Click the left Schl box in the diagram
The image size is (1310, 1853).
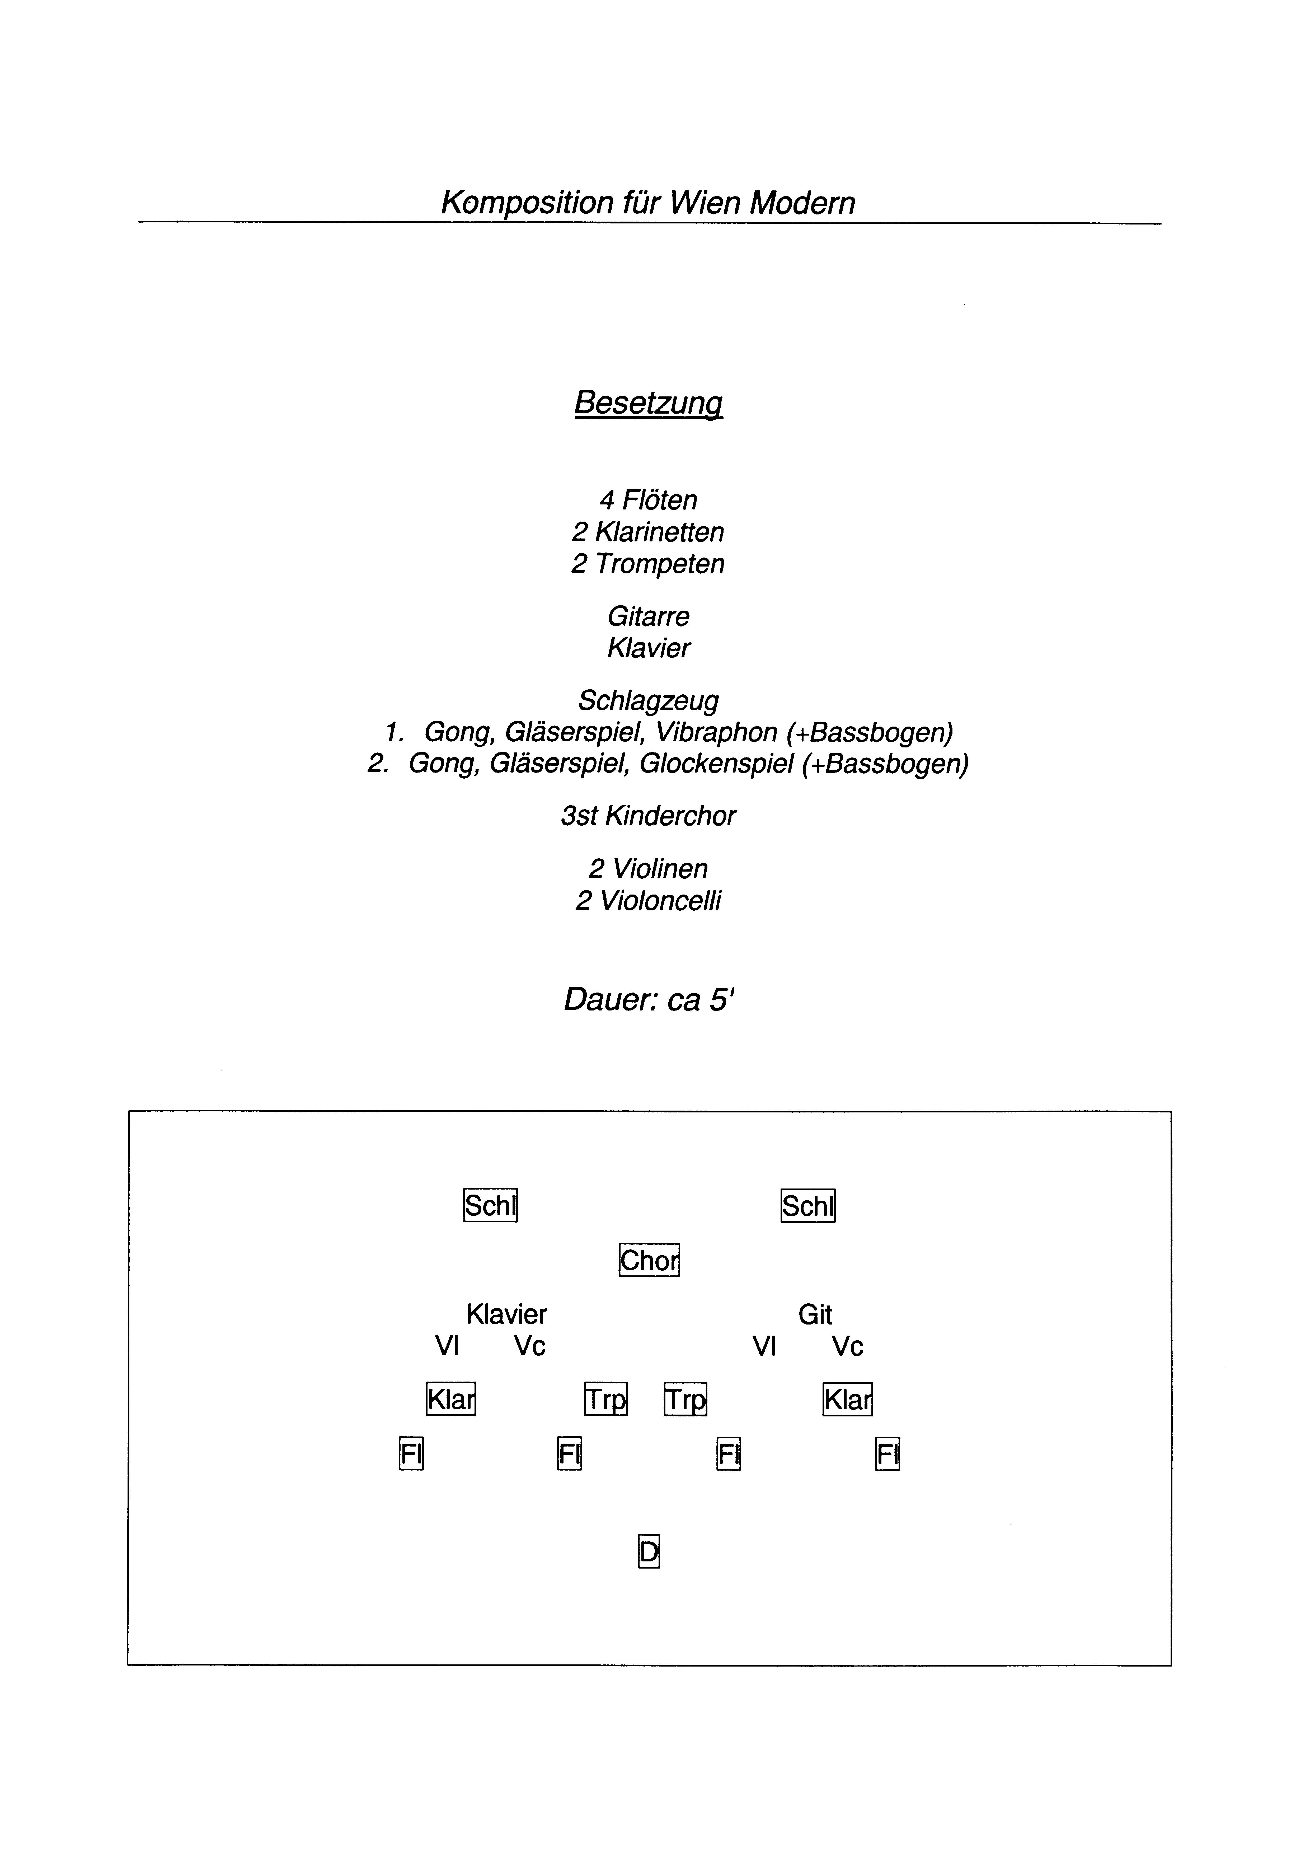click(490, 1206)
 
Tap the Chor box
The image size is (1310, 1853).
click(649, 1260)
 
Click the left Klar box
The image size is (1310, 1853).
click(450, 1399)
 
